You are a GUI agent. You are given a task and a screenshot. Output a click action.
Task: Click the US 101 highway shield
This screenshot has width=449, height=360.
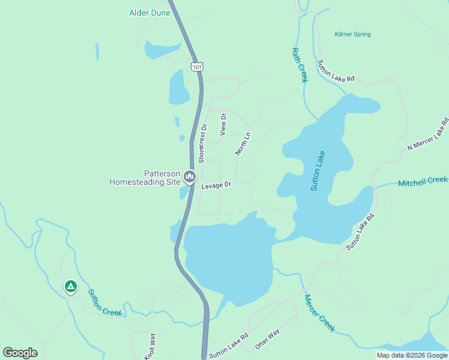196,65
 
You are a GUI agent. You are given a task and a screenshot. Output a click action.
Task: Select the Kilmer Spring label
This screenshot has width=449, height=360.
353,35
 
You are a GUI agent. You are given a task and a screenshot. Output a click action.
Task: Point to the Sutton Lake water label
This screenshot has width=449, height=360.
318,171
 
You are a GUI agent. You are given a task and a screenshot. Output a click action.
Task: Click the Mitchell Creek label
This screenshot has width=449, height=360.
423,181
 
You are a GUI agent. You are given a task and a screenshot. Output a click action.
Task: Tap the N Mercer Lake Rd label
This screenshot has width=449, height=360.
428,135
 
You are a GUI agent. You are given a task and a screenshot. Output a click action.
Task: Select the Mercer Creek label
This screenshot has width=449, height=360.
319,314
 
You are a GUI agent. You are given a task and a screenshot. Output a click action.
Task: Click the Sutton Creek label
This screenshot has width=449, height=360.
104,302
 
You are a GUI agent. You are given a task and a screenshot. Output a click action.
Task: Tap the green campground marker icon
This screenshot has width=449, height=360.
71,287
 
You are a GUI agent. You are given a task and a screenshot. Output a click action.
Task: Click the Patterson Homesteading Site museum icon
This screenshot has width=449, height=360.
190,176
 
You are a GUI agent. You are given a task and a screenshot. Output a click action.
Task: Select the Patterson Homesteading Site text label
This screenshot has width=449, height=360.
145,177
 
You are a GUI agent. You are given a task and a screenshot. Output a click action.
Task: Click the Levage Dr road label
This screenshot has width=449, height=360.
216,186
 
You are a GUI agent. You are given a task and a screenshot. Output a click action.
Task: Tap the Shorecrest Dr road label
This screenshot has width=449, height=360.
203,143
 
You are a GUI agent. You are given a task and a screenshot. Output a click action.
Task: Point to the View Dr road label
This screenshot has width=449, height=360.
223,124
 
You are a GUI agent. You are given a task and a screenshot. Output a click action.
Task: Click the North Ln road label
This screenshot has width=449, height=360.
243,144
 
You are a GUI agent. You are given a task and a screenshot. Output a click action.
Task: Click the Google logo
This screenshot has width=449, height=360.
20,353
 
